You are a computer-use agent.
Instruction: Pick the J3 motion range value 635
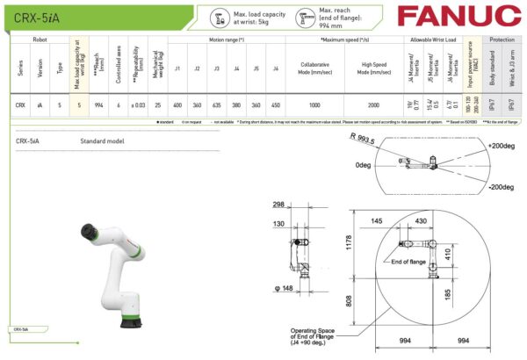[217, 104]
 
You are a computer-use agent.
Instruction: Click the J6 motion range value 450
[275, 104]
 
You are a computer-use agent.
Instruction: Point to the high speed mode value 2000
[373, 104]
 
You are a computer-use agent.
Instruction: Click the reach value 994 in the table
[99, 104]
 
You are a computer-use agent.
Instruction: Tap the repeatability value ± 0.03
[137, 104]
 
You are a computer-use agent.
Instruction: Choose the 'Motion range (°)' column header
[227, 40]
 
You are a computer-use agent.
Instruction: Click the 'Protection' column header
[502, 40]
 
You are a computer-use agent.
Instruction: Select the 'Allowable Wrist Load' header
[431, 40]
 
